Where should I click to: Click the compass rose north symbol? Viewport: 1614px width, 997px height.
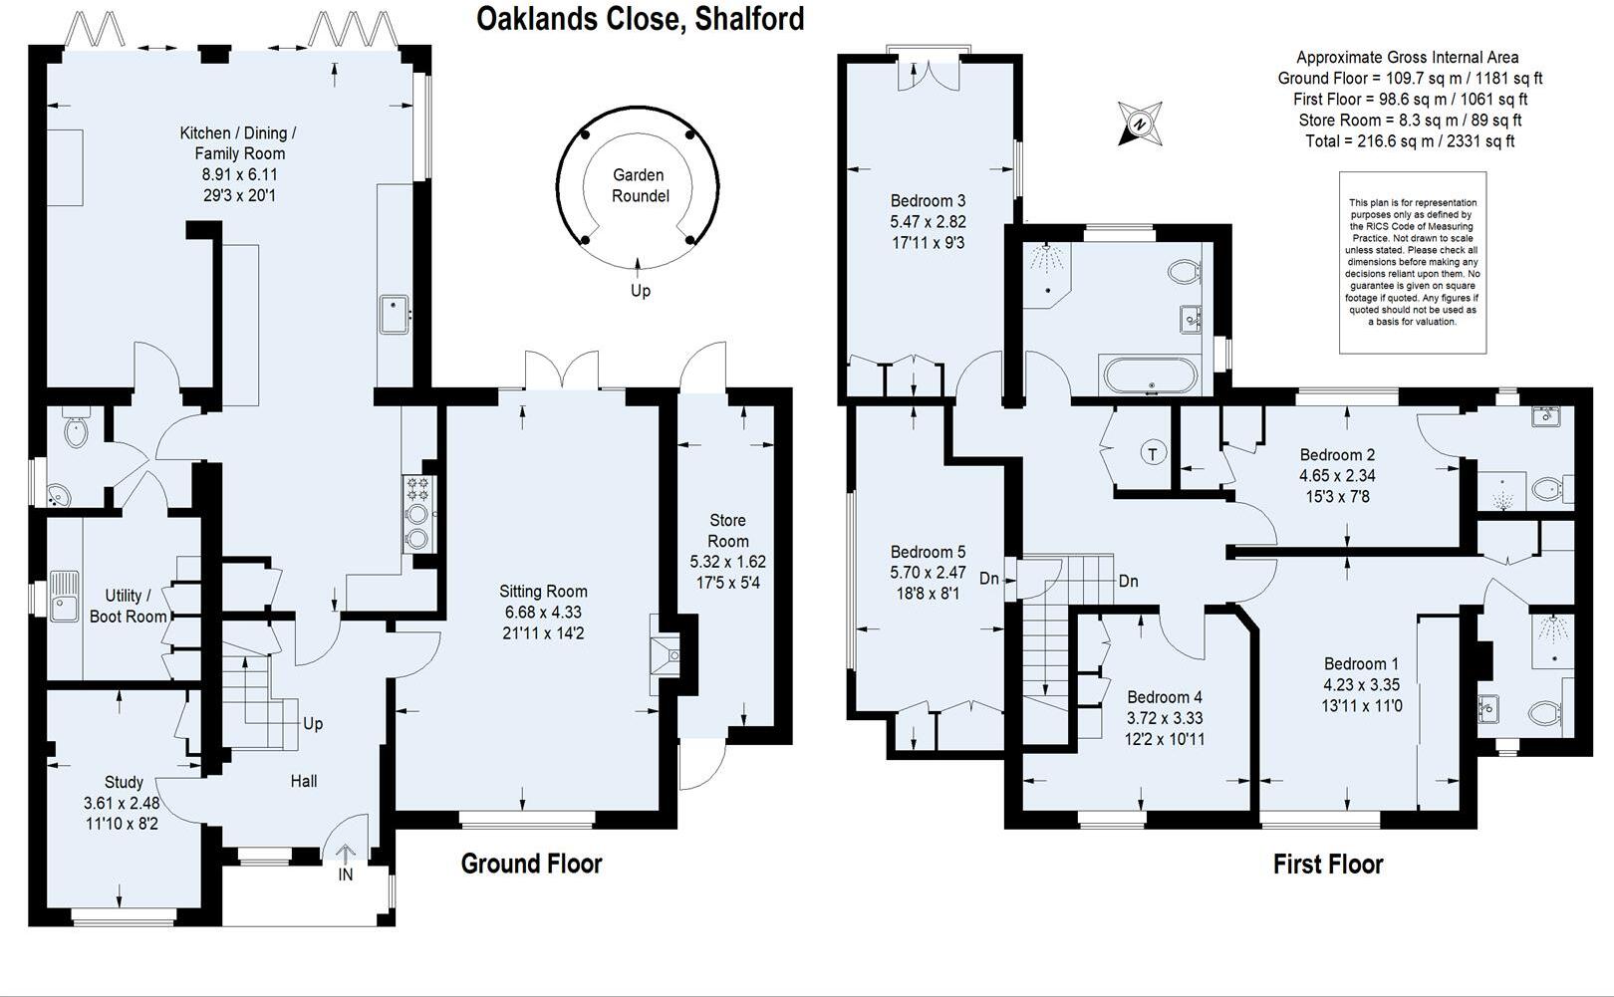click(x=1140, y=124)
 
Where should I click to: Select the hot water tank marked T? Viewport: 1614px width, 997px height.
click(x=1153, y=454)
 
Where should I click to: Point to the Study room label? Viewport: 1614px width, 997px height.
click(x=124, y=782)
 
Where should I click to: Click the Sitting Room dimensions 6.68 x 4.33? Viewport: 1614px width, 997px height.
click(x=543, y=612)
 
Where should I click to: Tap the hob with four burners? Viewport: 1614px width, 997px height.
click(x=418, y=488)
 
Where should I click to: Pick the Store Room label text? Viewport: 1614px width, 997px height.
click(x=727, y=530)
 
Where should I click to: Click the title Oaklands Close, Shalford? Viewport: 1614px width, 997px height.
click(x=640, y=19)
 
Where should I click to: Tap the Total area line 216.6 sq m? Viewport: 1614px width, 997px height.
click(x=1410, y=141)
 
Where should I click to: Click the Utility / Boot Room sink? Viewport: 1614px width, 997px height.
click(x=65, y=596)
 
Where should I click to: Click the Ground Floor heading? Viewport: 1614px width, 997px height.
click(x=531, y=863)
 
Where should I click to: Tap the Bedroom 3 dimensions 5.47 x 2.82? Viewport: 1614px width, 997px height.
click(x=928, y=221)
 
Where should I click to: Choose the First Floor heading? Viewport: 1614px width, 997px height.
click(x=1328, y=863)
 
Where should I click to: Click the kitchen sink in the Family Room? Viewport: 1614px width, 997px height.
click(x=395, y=314)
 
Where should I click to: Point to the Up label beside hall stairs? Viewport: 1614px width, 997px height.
click(x=313, y=724)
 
